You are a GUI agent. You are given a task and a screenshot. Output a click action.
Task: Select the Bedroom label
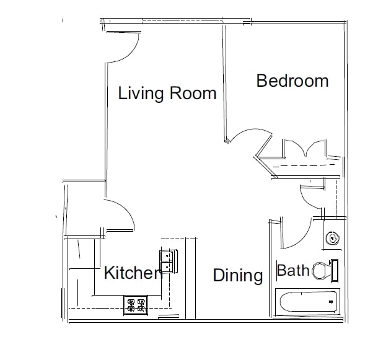[292, 81]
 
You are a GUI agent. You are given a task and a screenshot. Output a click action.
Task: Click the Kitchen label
[133, 273]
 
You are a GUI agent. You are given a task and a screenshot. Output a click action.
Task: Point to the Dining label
[238, 275]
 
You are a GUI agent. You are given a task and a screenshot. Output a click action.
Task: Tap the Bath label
[292, 271]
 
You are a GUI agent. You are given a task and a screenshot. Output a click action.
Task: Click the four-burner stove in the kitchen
[136, 304]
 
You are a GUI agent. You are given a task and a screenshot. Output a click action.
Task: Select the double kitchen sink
[167, 261]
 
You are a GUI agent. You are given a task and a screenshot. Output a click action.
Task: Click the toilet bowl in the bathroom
[320, 270]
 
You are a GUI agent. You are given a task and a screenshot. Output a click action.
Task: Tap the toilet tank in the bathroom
[335, 270]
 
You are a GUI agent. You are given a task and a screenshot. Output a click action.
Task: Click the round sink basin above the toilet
[332, 238]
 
